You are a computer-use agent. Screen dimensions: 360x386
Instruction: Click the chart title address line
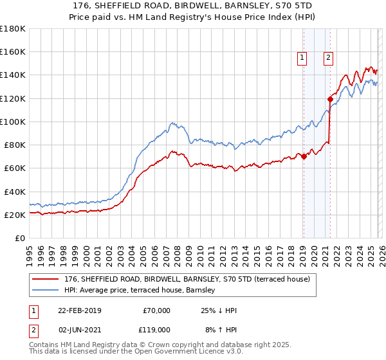193,5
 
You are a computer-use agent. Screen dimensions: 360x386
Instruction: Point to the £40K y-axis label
14,192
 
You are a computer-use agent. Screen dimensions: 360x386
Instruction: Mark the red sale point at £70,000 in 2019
304,156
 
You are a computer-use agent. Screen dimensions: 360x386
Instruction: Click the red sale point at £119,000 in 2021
330,99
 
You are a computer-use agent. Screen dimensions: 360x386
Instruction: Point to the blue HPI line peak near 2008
172,122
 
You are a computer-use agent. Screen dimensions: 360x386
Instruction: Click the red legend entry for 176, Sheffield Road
187,279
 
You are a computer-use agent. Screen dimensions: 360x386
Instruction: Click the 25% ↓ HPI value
219,310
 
